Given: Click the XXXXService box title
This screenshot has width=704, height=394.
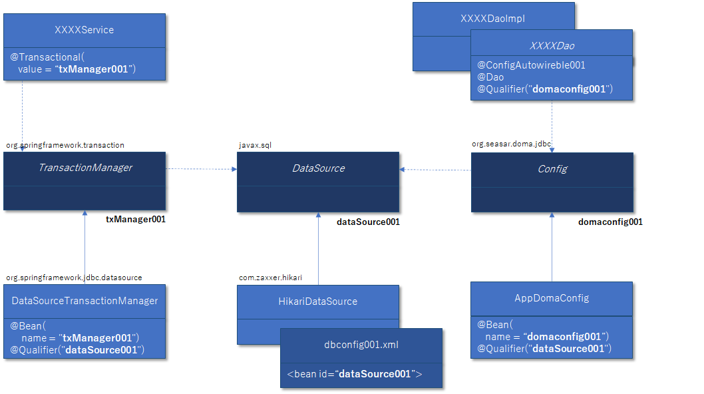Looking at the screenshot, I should click(x=84, y=30).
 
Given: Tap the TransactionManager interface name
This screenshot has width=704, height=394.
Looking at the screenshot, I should click(x=85, y=168).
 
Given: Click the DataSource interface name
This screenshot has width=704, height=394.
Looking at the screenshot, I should click(x=318, y=168).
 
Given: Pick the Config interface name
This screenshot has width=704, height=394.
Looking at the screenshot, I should click(x=552, y=169).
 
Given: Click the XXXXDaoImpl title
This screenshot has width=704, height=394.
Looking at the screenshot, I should click(x=492, y=19).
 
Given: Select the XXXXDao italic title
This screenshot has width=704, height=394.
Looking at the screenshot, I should click(x=552, y=46).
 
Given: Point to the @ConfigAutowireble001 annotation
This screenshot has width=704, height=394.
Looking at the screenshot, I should click(x=531, y=65).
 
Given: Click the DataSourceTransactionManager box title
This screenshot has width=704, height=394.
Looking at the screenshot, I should click(x=85, y=301).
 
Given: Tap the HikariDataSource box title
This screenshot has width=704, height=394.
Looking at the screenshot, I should click(x=318, y=301).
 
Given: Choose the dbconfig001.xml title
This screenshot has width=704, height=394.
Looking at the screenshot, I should click(x=361, y=345).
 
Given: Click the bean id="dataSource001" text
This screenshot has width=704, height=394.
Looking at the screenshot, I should click(x=355, y=374).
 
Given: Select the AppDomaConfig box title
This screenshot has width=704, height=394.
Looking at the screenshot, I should click(x=552, y=298).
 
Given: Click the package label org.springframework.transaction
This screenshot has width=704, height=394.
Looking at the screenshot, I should click(x=65, y=145).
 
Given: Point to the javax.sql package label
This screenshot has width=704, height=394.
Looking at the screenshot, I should click(x=255, y=145).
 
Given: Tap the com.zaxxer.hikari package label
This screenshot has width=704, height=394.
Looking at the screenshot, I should click(x=270, y=278).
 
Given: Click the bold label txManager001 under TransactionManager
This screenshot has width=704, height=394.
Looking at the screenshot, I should click(x=136, y=219).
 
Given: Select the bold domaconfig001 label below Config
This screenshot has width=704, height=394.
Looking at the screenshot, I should click(x=610, y=222).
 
